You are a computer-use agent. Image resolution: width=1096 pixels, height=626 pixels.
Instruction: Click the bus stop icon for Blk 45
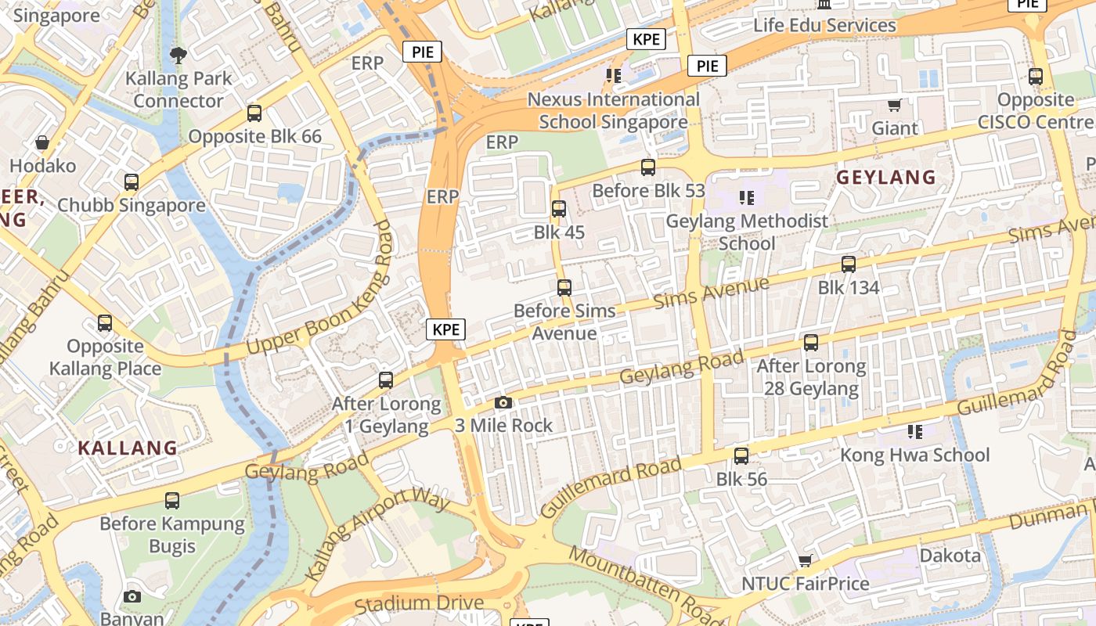pyautogui.click(x=559, y=209)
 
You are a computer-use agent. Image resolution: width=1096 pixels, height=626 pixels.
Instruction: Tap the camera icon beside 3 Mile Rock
pyautogui.click(x=503, y=403)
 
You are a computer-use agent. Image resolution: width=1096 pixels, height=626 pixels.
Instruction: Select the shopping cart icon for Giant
pyautogui.click(x=895, y=105)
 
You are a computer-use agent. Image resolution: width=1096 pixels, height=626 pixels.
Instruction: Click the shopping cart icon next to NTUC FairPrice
pyautogui.click(x=805, y=560)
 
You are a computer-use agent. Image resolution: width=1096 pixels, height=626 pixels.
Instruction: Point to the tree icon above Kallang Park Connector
pyautogui.click(x=178, y=55)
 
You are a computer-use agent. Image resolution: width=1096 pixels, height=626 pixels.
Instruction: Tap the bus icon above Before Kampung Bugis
pyautogui.click(x=172, y=501)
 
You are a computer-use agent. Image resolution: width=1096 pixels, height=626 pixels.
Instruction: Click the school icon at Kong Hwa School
pyautogui.click(x=914, y=432)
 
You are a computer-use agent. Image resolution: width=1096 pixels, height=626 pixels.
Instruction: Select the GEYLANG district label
pyautogui.click(x=886, y=178)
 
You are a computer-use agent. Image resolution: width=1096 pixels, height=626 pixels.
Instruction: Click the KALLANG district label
pyautogui.click(x=128, y=448)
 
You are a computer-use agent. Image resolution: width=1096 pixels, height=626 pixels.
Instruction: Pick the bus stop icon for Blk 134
pyautogui.click(x=849, y=264)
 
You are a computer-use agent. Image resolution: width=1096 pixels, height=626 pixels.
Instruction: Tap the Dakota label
pyautogui.click(x=950, y=556)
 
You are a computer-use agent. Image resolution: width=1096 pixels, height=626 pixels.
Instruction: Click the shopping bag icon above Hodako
pyautogui.click(x=42, y=142)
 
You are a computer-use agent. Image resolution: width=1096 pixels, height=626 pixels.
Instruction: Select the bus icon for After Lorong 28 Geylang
pyautogui.click(x=811, y=343)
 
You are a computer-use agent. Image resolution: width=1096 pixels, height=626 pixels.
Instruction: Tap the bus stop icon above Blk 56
pyautogui.click(x=741, y=455)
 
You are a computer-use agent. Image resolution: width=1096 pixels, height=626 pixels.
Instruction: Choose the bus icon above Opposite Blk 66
pyautogui.click(x=254, y=113)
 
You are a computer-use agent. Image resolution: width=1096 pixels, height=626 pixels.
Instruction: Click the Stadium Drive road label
pyautogui.click(x=419, y=604)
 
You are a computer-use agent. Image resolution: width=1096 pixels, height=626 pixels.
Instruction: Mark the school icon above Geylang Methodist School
pyautogui.click(x=747, y=198)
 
